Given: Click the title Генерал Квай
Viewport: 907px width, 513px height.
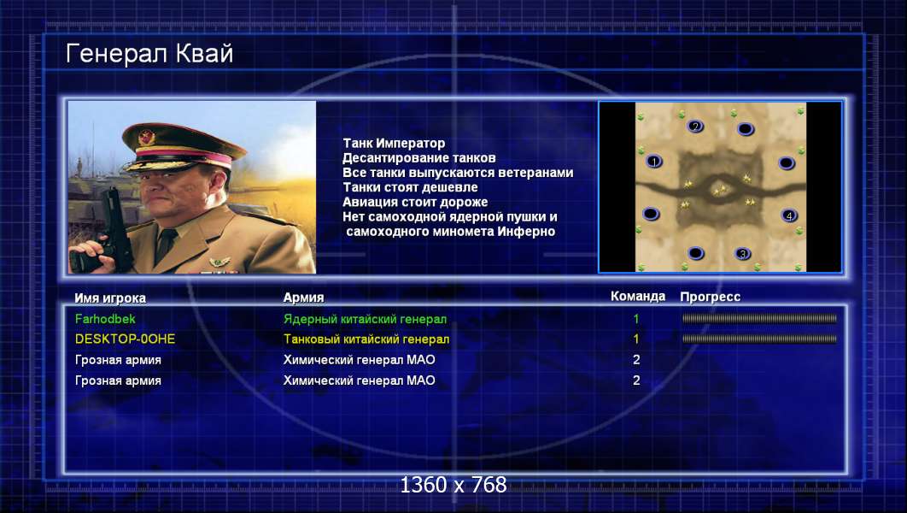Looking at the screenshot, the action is point(149,54).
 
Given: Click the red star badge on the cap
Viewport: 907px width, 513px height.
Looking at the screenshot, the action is point(147,138).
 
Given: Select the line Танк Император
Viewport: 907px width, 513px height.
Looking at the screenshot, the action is point(394,143).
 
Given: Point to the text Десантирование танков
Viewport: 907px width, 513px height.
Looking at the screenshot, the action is point(418,157).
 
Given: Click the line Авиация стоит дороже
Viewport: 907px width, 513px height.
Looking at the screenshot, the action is point(415,202).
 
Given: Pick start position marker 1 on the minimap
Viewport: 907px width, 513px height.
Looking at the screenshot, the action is point(653,162).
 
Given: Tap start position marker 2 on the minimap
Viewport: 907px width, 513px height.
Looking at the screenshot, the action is point(695,126).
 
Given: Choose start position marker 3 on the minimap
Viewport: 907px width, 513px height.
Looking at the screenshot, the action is point(743,254).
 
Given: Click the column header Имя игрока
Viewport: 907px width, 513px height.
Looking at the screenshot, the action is point(110,298).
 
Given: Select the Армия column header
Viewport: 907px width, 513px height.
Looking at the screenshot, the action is point(303,298).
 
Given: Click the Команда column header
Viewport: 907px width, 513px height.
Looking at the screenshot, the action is point(637,297).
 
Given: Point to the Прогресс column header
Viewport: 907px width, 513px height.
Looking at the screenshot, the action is point(710,297).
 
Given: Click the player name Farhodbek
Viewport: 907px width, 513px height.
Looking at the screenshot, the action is point(105,319).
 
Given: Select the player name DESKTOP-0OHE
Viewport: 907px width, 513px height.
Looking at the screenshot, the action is point(125,339).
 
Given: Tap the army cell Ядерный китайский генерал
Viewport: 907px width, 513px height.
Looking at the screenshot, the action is point(365,319).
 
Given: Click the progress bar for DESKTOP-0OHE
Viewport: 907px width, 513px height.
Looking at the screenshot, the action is point(759,339).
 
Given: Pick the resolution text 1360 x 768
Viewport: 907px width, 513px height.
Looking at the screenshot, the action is point(453,485).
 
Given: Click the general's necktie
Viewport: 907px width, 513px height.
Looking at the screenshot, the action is point(166,243).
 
